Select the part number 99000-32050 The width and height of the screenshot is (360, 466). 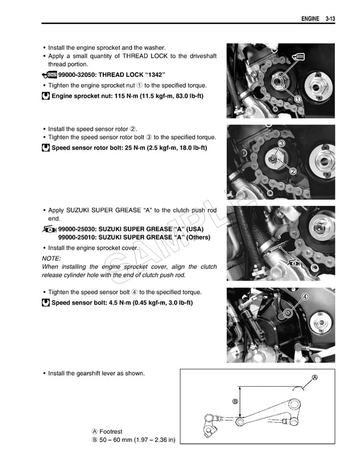[x=79, y=75]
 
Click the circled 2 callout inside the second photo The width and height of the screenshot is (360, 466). [x=293, y=171]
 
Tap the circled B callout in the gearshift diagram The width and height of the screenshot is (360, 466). [x=235, y=401]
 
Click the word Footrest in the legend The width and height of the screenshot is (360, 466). [x=111, y=432]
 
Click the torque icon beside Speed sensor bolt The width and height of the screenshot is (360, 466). [x=46, y=303]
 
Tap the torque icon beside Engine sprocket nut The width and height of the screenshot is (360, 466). [x=46, y=96]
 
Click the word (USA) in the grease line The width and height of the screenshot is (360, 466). [x=195, y=229]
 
